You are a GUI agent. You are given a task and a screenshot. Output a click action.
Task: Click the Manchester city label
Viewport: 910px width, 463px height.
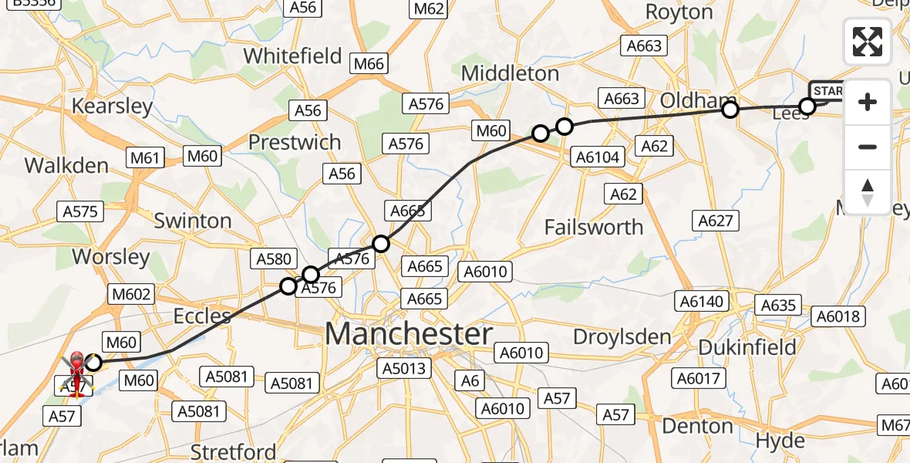pos(408,335)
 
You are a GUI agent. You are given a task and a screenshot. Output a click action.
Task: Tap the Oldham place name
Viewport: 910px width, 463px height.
pos(694,101)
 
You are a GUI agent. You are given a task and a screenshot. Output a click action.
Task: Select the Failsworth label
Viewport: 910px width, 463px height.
pos(593,227)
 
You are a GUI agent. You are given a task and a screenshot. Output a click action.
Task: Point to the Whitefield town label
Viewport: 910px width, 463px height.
pos(292,56)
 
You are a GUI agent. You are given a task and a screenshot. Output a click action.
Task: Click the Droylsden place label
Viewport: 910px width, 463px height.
pos(623,337)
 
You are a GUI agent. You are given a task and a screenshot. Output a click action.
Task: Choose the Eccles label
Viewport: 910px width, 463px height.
pos(202,316)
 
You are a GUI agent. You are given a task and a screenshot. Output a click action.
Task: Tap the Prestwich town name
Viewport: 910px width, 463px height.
pos(294,143)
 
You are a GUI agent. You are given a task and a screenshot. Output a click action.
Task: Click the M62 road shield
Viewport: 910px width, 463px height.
pos(429,8)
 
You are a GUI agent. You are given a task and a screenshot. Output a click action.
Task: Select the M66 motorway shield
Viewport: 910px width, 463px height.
pos(369,64)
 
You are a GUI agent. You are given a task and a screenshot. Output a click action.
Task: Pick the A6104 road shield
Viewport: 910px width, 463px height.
pos(598,157)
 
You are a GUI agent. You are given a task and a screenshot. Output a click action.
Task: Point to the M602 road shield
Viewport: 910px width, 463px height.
pos(132,294)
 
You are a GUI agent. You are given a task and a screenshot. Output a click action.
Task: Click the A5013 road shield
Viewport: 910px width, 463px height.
pos(403,368)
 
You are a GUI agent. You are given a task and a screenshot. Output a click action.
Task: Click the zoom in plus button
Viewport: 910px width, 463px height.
pos(868,102)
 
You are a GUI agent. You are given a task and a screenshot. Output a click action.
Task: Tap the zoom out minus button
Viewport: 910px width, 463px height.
pos(868,147)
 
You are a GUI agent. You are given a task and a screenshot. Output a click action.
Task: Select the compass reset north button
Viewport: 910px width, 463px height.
pos(868,191)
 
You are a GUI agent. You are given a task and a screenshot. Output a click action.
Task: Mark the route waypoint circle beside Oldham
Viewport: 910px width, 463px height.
pos(730,110)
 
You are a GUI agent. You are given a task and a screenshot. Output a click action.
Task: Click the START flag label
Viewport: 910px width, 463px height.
pos(829,91)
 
